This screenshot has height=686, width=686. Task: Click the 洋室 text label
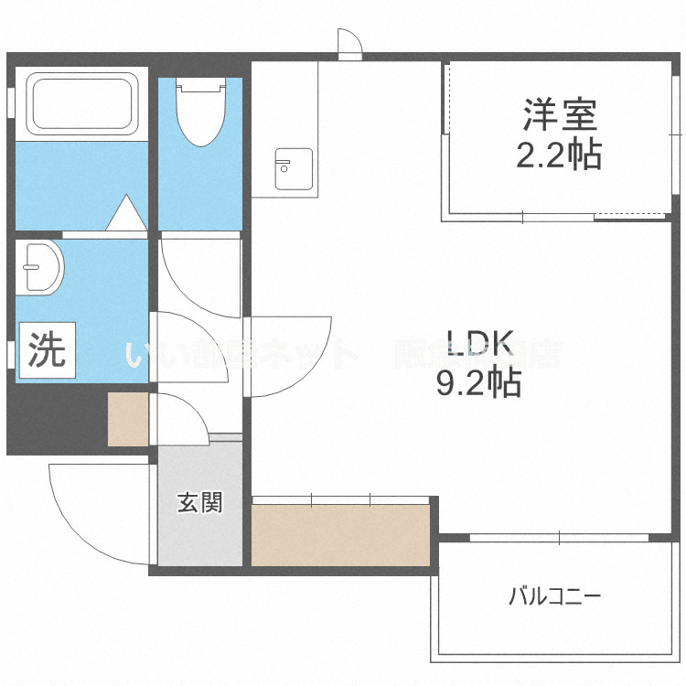point(560,116)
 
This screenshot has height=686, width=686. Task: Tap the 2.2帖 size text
point(559,154)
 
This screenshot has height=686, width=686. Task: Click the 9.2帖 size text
point(477,381)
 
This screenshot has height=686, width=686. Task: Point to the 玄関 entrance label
point(199,502)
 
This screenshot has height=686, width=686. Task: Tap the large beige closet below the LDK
point(340,533)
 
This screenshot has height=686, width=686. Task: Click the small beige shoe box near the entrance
point(127,419)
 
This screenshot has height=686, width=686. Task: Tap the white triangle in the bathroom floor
point(125,212)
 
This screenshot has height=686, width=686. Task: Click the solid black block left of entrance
point(55,419)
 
